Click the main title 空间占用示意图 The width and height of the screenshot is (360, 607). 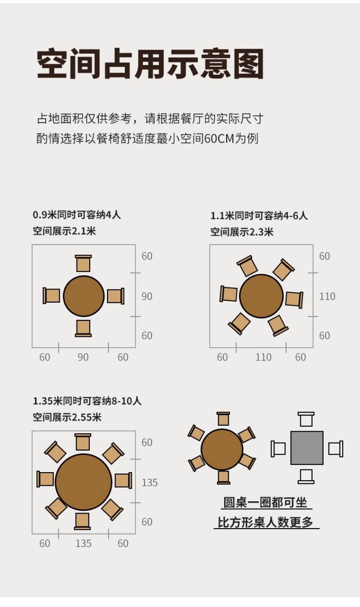[x=150, y=64]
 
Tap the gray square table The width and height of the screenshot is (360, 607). [x=307, y=448]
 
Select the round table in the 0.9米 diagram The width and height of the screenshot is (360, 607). [x=84, y=296]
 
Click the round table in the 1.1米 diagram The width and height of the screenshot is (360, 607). [x=262, y=296]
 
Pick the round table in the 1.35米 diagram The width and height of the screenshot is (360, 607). [x=83, y=482]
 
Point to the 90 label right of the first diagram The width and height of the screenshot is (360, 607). [x=147, y=296]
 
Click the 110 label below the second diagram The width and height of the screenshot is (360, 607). [x=263, y=357]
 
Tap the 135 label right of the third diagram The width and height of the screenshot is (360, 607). [x=149, y=483]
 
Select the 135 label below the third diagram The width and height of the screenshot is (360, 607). [x=83, y=543]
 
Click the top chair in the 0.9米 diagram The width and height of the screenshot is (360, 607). [x=83, y=263]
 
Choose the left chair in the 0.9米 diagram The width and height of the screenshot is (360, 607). [x=51, y=296]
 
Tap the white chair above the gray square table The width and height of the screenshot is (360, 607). [x=306, y=419]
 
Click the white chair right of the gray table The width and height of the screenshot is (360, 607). [x=336, y=449]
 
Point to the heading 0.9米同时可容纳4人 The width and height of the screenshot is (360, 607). [x=77, y=215]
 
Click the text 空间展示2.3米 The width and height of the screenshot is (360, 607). [x=242, y=232]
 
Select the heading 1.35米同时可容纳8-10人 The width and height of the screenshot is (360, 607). [x=87, y=401]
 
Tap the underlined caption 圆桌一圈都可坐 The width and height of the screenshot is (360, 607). [x=265, y=502]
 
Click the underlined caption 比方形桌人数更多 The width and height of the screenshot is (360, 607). [x=266, y=522]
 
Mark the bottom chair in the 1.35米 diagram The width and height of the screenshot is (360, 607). [x=82, y=521]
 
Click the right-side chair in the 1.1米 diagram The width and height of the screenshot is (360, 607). [x=294, y=299]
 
